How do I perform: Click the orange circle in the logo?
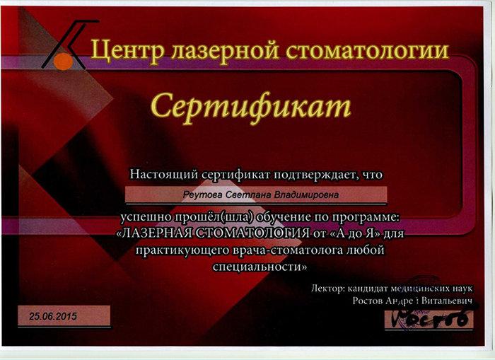pos(64,62)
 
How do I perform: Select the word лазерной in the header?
pos(225,50)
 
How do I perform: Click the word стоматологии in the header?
pos(367,50)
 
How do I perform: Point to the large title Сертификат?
pos(250,107)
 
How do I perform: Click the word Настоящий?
pos(164,175)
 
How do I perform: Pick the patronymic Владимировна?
pos(306,194)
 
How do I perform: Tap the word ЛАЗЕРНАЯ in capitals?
pos(154,233)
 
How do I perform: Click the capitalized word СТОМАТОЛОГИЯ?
pos(252,233)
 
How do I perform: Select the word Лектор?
pos(327,289)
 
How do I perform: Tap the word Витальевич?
pos(447,301)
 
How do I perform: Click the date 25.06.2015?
pos(53,316)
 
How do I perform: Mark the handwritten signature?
pos(429,318)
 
